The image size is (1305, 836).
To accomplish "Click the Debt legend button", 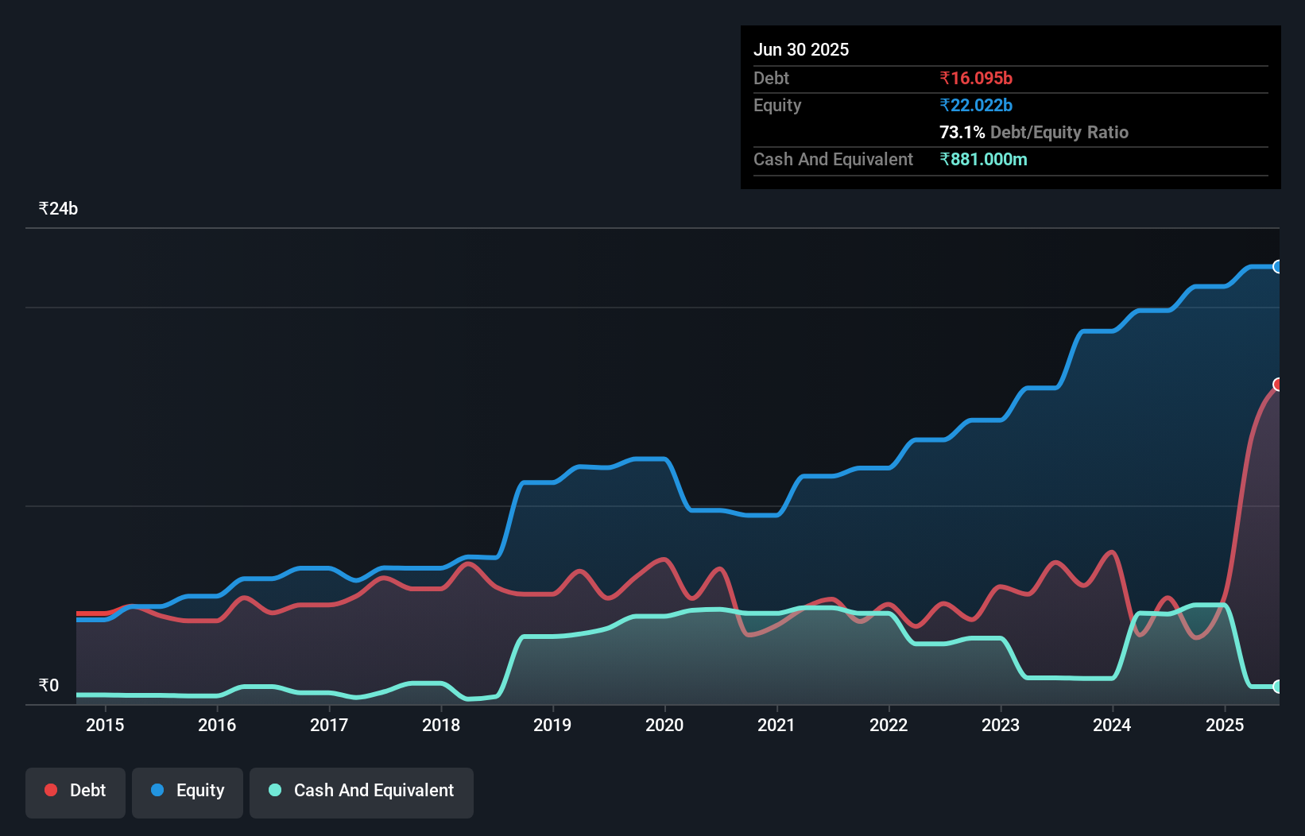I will [x=76, y=791].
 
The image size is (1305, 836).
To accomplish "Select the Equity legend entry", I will [x=188, y=791].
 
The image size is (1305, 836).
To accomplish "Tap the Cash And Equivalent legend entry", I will [x=362, y=791].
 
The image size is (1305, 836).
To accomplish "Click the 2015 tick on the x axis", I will [x=105, y=725].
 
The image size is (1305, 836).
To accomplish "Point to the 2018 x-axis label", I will [x=441, y=725].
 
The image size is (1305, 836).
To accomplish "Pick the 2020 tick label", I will [x=664, y=725].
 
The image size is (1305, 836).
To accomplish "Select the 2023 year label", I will [x=1001, y=725].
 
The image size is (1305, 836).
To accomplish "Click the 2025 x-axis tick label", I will [x=1225, y=725].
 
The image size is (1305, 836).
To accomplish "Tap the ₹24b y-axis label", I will [x=58, y=209].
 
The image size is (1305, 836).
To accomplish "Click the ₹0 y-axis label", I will [x=48, y=686].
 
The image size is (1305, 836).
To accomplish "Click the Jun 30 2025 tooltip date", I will [x=801, y=49].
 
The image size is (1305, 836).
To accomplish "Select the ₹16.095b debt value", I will [x=976, y=78].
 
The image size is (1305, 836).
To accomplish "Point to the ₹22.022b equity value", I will [x=976, y=105].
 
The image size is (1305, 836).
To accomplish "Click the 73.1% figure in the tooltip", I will [x=962, y=132].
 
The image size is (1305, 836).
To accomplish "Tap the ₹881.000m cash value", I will [x=983, y=159].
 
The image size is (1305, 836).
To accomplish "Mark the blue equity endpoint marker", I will [x=1277, y=267].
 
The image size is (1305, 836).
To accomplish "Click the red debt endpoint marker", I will [x=1277, y=385].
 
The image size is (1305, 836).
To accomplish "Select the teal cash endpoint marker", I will [x=1277, y=687].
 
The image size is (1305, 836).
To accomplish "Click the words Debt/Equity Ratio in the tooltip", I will [x=1059, y=132].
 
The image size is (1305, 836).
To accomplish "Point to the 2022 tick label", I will [x=889, y=725].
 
